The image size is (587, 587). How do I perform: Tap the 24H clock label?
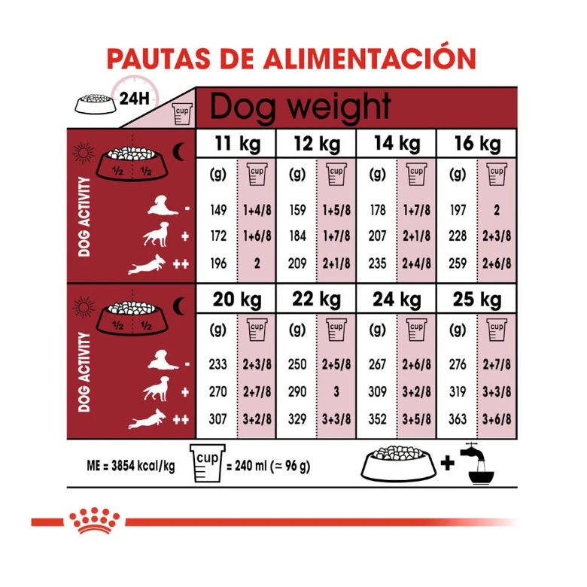pos(134,99)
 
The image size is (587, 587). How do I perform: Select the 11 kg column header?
pos(237,144)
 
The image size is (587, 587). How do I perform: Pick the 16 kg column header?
pos(477,144)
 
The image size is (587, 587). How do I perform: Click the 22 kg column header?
pos(316,300)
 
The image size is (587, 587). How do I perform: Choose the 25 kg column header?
pos(477,300)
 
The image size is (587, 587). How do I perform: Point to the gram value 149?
pos(219,210)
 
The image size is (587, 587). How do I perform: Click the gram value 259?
pos(458,263)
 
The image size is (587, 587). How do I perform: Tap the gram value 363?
pos(458,419)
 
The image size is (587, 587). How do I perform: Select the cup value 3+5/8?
pos(416,419)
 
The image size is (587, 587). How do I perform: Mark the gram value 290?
pos(297,391)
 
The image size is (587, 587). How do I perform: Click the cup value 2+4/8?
pos(416,263)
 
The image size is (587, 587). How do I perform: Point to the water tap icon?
pos(477,464)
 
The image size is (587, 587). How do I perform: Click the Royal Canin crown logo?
pos(94,520)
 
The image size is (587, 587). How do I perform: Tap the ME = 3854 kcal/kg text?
pos(131,466)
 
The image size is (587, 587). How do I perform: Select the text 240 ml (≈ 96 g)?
pos(272,466)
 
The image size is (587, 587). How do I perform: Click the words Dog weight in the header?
pos(300,108)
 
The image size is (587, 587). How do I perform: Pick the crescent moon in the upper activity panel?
pos(178,151)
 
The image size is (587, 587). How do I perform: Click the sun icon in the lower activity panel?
pos(83,307)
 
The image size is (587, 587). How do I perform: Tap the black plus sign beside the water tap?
pos(447,464)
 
